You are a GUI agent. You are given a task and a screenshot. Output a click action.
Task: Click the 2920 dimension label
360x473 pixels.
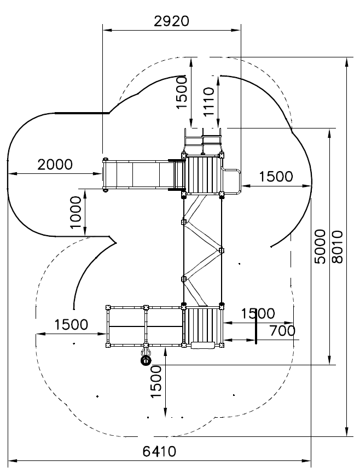171,21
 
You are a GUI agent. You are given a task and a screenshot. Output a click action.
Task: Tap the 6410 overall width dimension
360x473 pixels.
159,452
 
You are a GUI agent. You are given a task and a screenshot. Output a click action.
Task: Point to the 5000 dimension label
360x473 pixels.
321,247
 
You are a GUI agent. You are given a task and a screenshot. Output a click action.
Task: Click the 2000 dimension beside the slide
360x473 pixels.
55,165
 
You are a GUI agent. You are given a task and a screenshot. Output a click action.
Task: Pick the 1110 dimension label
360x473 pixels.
208,102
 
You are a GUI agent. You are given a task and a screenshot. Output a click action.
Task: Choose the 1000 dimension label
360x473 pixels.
76,213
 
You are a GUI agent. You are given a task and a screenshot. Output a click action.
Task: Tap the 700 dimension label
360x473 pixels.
282,331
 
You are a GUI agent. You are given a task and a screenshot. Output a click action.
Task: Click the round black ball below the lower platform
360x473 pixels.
146,360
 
